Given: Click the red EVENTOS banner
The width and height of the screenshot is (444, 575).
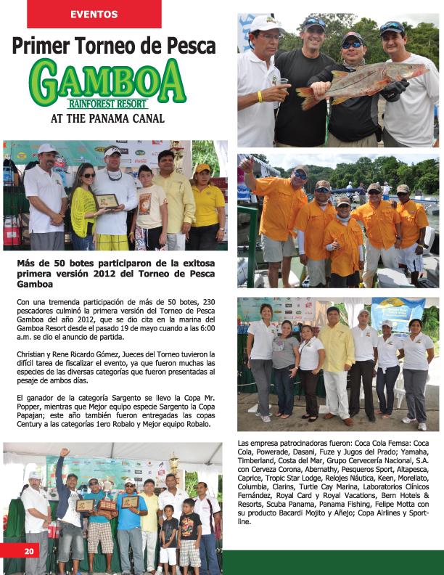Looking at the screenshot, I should tap(94, 14).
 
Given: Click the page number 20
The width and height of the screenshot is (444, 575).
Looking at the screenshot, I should tap(30, 551).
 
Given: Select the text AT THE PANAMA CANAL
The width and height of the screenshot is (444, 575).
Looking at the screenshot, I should tap(107, 118).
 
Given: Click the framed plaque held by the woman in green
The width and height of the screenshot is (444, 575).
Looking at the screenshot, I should tap(106, 200).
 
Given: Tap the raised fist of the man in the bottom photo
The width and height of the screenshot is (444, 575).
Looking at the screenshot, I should tap(64, 452).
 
